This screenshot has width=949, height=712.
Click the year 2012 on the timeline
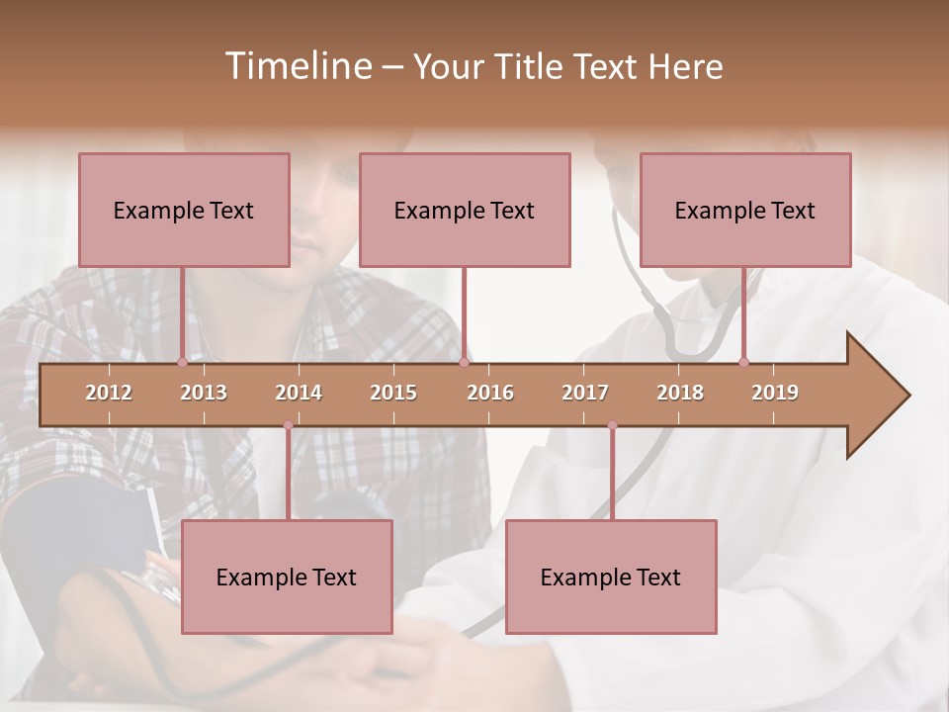point(109,393)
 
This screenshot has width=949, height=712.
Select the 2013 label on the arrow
point(204,393)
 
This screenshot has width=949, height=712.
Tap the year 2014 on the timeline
point(299,393)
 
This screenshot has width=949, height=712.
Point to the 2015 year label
point(393,393)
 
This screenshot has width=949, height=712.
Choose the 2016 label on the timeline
point(490,393)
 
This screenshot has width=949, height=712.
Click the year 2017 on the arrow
point(585,393)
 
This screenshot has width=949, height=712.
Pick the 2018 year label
point(680,393)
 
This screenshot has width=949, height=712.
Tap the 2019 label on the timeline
point(775,393)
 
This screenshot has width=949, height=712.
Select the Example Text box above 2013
point(184,210)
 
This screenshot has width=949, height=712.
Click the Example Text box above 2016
point(465,210)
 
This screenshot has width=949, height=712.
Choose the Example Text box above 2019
point(745,210)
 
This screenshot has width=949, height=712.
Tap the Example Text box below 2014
point(287,577)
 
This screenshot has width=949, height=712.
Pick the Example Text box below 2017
point(611,577)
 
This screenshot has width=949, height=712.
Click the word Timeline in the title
point(297,66)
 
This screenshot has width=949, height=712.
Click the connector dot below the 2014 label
point(288,425)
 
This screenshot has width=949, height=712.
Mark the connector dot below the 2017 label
point(612,425)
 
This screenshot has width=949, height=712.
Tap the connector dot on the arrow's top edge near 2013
point(182,362)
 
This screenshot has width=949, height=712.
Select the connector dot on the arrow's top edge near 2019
point(743,362)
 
